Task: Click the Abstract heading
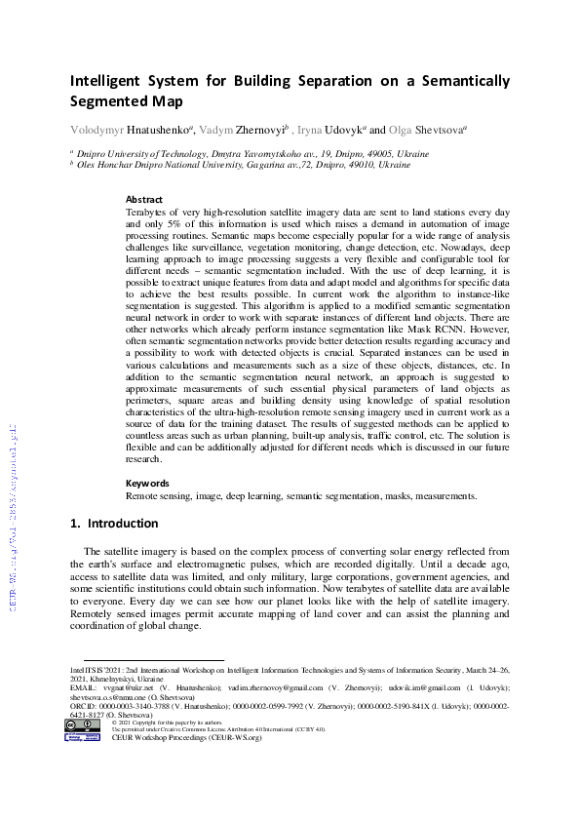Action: [144, 199]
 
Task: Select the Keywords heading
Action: [147, 483]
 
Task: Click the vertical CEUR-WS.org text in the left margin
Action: [14, 517]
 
